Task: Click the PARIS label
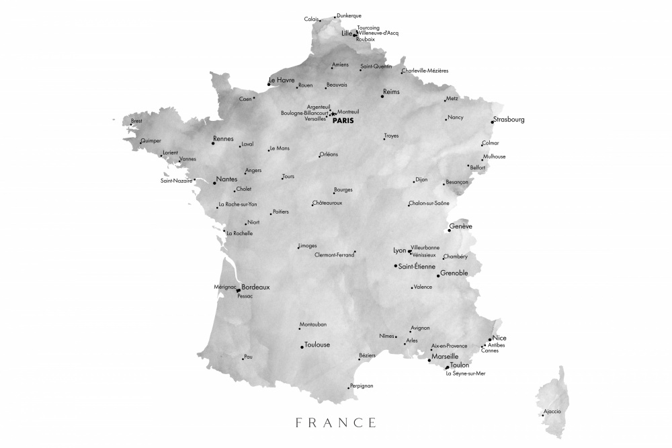point(343,121)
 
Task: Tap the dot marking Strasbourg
point(491,122)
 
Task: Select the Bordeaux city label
point(255,287)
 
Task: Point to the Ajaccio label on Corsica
point(552,411)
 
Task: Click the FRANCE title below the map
point(336,422)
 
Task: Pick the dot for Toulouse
point(302,347)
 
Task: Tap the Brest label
point(136,121)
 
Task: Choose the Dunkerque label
point(349,15)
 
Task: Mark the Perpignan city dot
point(348,388)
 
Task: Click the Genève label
point(461,226)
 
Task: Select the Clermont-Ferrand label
point(334,255)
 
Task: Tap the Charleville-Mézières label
point(425,71)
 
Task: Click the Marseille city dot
point(429,361)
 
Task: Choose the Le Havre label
point(282,80)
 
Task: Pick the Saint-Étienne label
point(417,267)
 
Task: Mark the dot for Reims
point(382,97)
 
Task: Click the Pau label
point(248,357)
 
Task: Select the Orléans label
point(329,154)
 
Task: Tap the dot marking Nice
point(490,340)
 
